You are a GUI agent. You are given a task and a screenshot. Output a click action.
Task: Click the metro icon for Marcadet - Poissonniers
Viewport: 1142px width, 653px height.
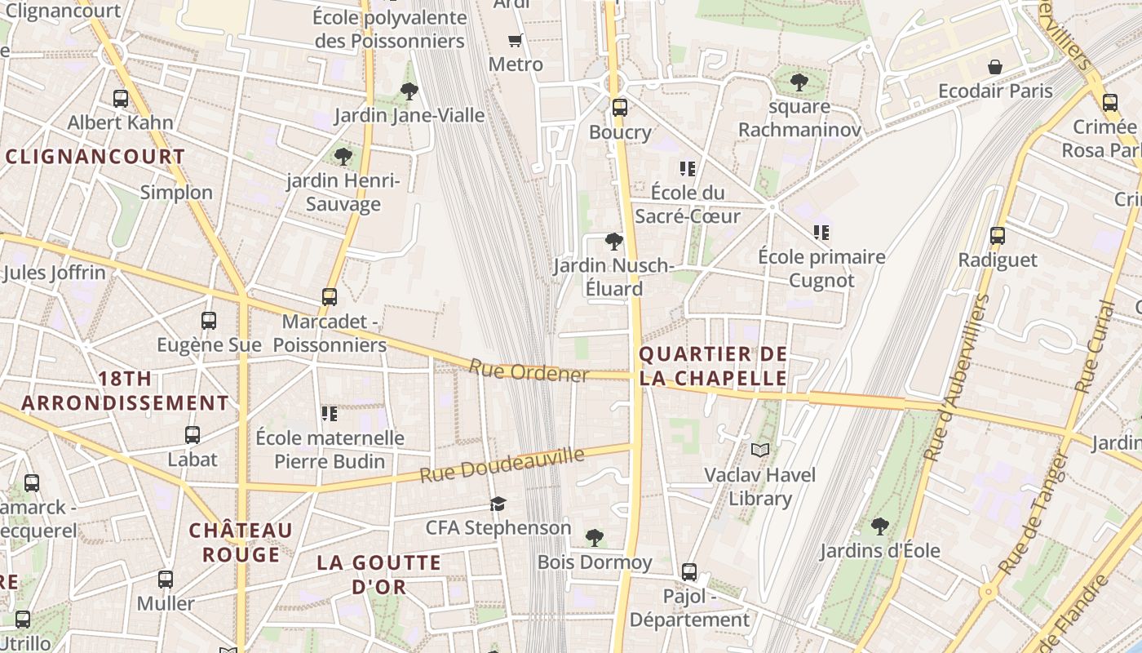pyautogui.click(x=330, y=297)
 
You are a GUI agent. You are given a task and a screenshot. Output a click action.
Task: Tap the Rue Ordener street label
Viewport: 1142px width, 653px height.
pyautogui.click(x=529, y=371)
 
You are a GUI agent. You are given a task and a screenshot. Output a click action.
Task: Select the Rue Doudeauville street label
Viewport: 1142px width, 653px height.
pyautogui.click(x=502, y=464)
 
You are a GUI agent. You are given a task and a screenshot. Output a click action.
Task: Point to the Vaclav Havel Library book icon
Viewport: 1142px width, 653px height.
pyautogui.click(x=760, y=450)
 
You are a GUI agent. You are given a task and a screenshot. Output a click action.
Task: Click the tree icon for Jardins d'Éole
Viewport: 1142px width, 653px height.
pyautogui.click(x=879, y=526)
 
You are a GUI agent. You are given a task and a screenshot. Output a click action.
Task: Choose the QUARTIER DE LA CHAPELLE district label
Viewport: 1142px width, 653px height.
pyautogui.click(x=714, y=366)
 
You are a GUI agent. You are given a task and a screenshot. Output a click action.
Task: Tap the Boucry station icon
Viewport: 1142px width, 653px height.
pyautogui.click(x=620, y=107)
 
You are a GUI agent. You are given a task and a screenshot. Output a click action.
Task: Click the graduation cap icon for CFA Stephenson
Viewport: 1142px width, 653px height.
pyautogui.click(x=498, y=504)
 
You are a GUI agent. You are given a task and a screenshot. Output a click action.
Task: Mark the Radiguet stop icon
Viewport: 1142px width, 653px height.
pyautogui.click(x=997, y=236)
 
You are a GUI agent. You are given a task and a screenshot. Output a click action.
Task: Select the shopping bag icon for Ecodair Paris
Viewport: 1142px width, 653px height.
pyautogui.click(x=995, y=66)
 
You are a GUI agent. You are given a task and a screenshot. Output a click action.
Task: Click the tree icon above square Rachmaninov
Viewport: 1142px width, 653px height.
pyautogui.click(x=799, y=82)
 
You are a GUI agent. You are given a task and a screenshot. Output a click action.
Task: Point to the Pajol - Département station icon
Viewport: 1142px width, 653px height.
pyautogui.click(x=689, y=571)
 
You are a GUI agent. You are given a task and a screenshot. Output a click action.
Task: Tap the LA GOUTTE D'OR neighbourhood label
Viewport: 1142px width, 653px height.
pyautogui.click(x=379, y=574)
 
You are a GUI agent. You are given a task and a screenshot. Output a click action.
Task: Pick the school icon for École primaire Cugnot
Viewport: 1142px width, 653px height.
pyautogui.click(x=821, y=233)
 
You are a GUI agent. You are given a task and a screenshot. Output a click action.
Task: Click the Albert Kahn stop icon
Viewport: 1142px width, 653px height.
pyautogui.click(x=121, y=99)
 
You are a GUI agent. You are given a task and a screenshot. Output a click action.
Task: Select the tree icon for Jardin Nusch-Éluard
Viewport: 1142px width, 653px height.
pyautogui.click(x=613, y=241)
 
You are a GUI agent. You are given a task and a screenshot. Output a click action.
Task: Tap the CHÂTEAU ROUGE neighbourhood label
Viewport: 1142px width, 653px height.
pyautogui.click(x=241, y=542)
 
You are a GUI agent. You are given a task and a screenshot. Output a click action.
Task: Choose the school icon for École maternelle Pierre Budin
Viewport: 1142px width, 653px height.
pyautogui.click(x=330, y=413)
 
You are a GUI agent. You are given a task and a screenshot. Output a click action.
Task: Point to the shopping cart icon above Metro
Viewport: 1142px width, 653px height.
pyautogui.click(x=515, y=40)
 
